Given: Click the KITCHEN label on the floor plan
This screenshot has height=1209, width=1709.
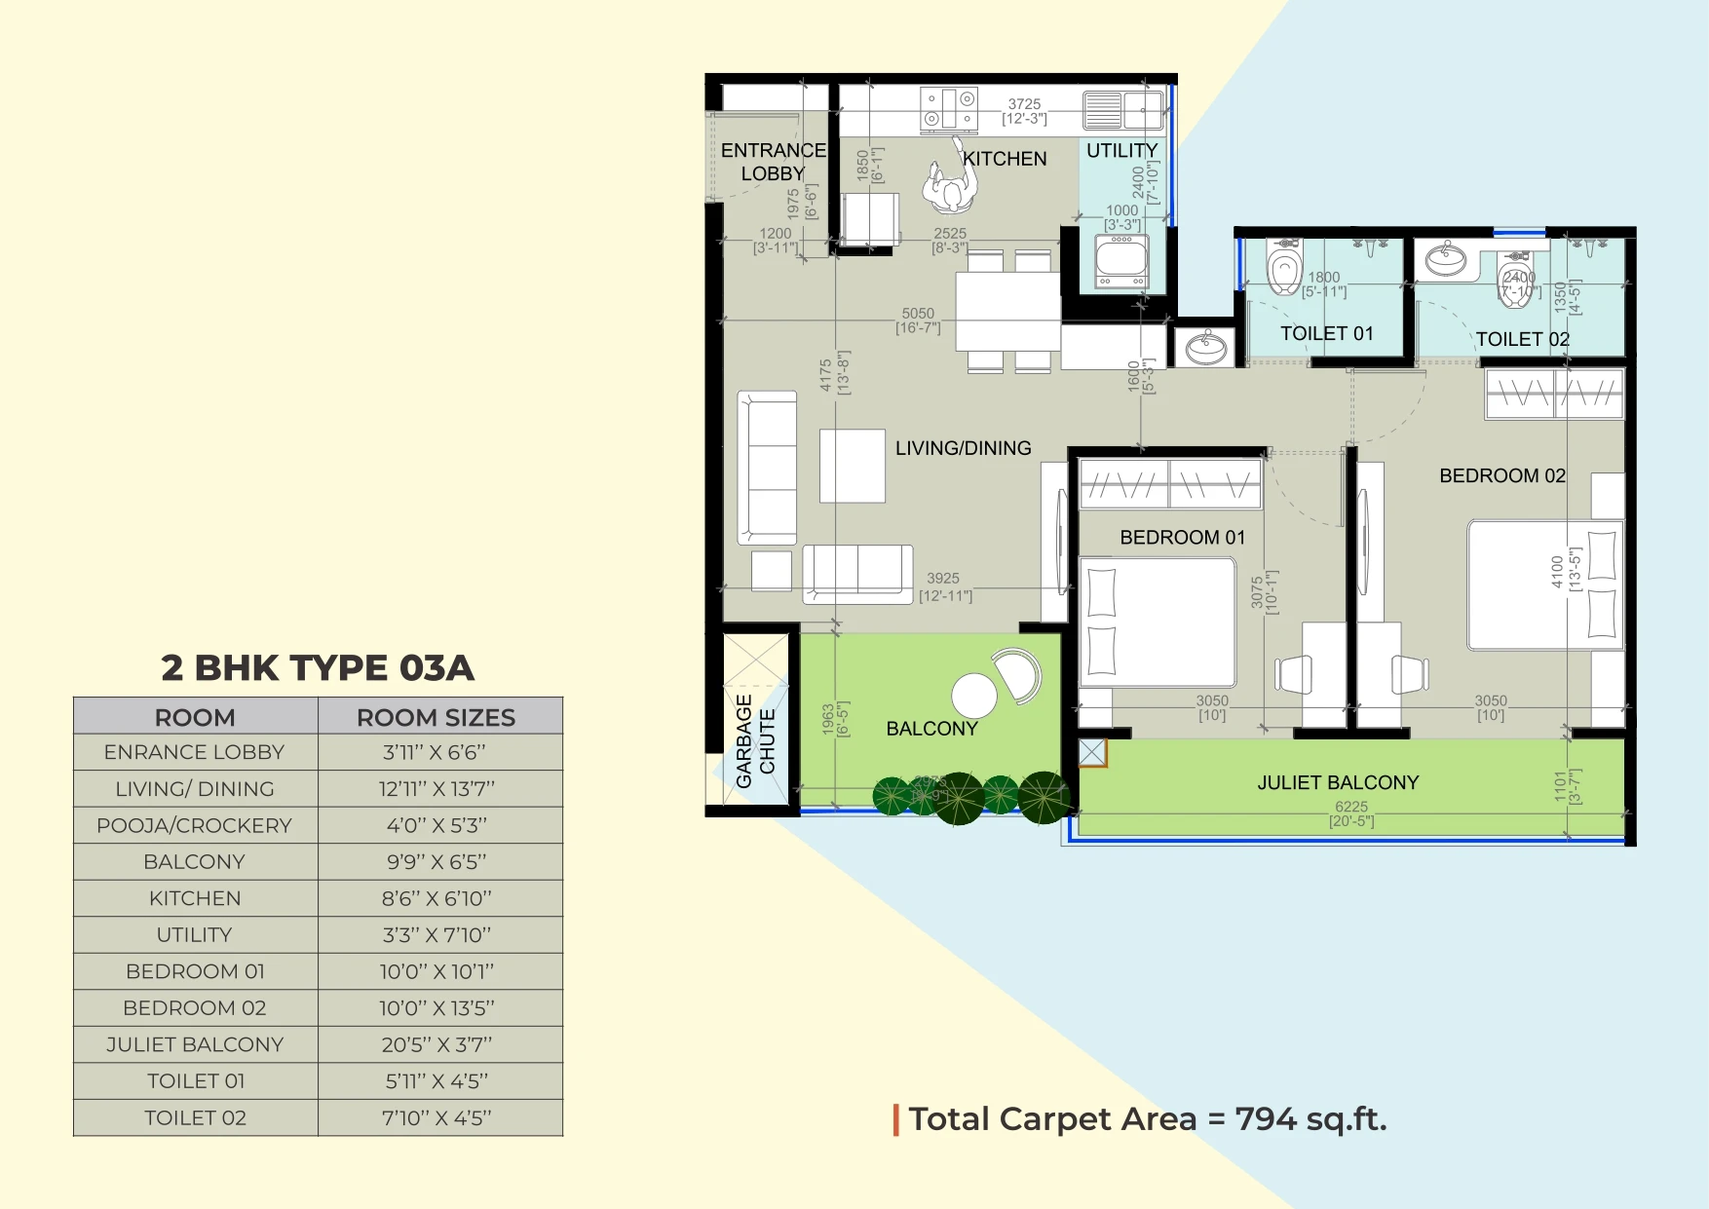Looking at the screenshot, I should (x=1005, y=159).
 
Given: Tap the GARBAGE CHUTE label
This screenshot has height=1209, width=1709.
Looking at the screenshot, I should (x=756, y=741).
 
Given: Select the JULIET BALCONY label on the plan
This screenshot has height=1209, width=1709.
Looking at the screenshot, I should (x=1338, y=782).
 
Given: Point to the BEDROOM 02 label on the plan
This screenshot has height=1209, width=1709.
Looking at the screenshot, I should (x=1501, y=475).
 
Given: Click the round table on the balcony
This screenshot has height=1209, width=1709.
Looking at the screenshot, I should (x=973, y=696).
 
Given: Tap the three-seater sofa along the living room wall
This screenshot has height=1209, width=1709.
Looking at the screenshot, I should (x=768, y=468).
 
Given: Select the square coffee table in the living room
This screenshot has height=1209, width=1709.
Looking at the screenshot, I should (x=852, y=466).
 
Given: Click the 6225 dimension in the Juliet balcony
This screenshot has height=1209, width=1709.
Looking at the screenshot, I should (x=1350, y=807).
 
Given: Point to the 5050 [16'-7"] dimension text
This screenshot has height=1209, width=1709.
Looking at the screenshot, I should (x=918, y=321).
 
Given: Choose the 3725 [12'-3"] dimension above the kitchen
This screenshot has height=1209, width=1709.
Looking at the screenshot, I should (x=1024, y=111).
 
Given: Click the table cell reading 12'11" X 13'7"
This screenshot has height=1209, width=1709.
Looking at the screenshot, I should (x=437, y=789).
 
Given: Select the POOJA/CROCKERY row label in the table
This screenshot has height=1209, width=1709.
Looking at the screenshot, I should (x=194, y=825).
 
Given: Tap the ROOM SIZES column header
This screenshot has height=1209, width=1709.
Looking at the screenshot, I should (x=436, y=717).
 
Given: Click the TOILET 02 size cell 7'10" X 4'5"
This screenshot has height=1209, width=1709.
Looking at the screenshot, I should (x=437, y=1117).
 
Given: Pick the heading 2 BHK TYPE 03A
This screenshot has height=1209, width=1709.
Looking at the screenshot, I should (x=318, y=668).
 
